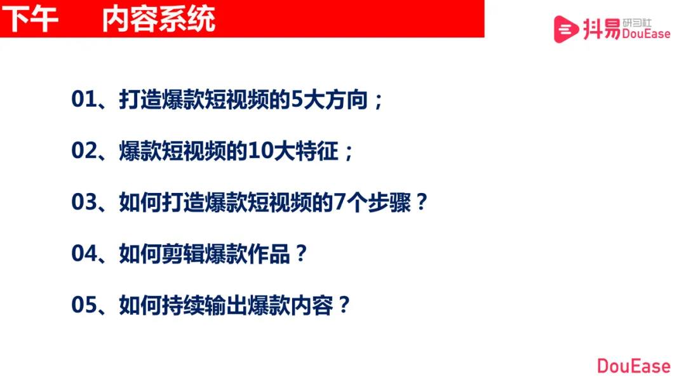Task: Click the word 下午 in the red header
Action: pyautogui.click(x=30, y=19)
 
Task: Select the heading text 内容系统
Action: pyautogui.click(x=159, y=19)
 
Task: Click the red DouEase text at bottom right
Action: pyautogui.click(x=633, y=366)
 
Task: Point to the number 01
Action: pyautogui.click(x=84, y=99)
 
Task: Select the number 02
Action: pyautogui.click(x=84, y=151)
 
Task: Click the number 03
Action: pyautogui.click(x=84, y=203)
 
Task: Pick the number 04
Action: pyautogui.click(x=84, y=254)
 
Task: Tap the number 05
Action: pyautogui.click(x=84, y=305)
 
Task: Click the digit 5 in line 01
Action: pyautogui.click(x=297, y=100)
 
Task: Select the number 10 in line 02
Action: pyautogui.click(x=261, y=151)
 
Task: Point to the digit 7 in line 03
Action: pyautogui.click(x=340, y=203)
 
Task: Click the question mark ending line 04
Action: pyautogui.click(x=300, y=253)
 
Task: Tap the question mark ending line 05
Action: pyautogui.click(x=344, y=305)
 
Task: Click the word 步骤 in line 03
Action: pyautogui.click(x=389, y=203)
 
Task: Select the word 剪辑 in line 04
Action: pyautogui.click(x=183, y=254)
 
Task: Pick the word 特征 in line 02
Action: pyautogui.click(x=317, y=151)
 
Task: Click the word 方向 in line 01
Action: pyautogui.click(x=346, y=100)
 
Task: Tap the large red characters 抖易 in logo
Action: pyautogui.click(x=602, y=29)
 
